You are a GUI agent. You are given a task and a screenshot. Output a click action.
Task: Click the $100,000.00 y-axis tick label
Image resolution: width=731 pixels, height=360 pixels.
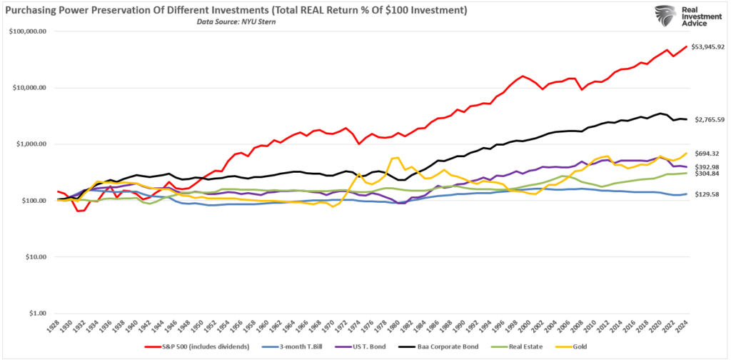[28, 31]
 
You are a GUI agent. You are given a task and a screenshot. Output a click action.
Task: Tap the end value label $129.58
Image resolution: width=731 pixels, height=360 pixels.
[707, 194]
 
